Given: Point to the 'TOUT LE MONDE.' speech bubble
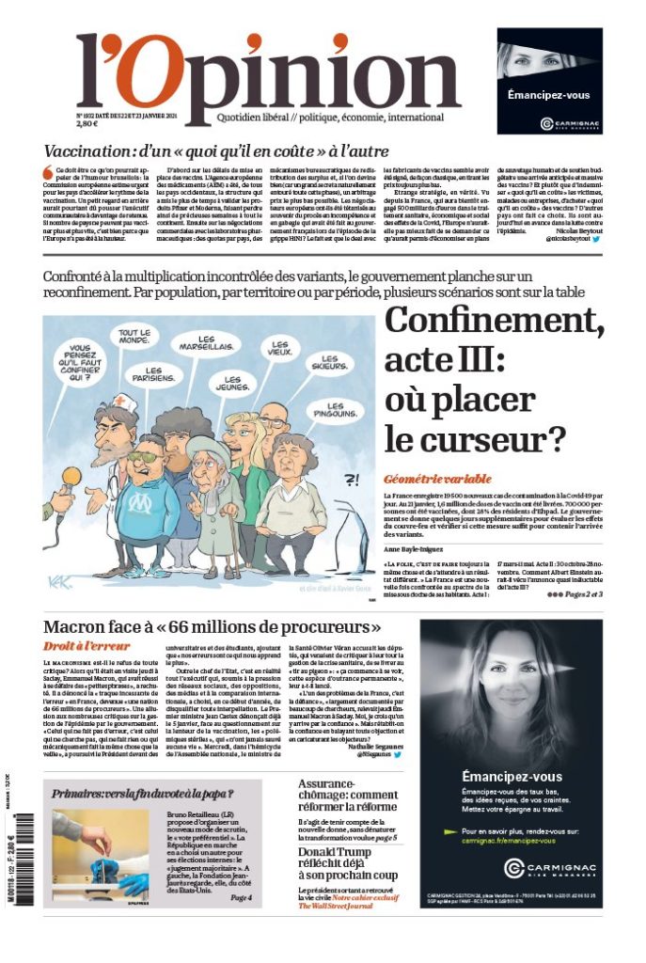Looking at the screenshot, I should tap(134, 339).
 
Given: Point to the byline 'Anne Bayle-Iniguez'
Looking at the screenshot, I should tap(418, 547).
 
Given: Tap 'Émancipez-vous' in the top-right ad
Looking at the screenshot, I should tap(548, 95).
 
